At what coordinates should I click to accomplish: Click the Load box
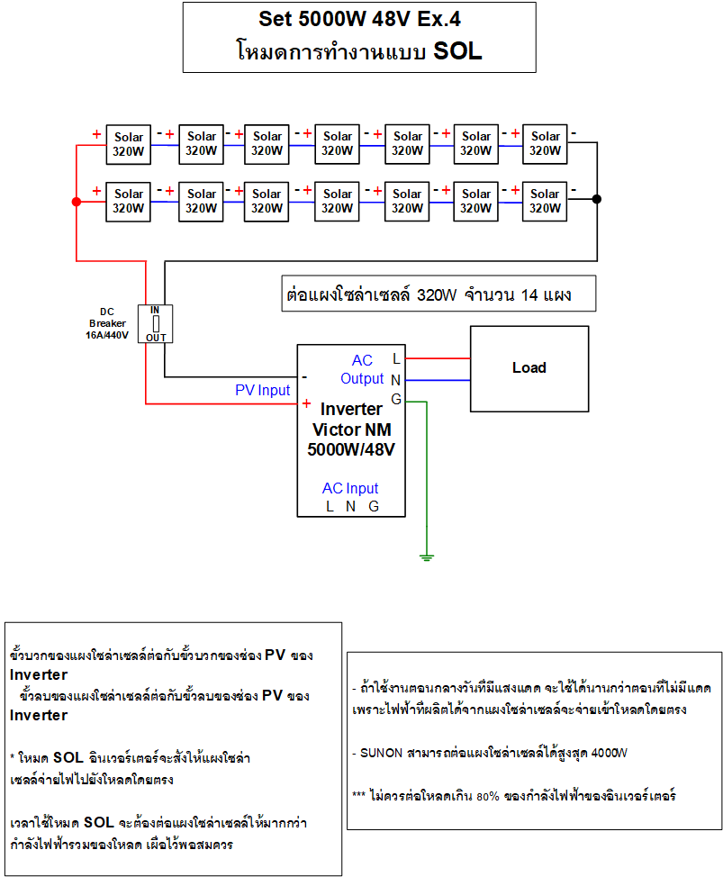pyautogui.click(x=529, y=368)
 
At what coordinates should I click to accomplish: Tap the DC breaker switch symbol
pyautogui.click(x=156, y=324)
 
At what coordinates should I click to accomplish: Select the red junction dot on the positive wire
pyautogui.click(x=77, y=202)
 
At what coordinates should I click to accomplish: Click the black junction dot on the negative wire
pyautogui.click(x=597, y=199)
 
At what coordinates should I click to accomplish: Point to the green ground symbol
pyautogui.click(x=427, y=556)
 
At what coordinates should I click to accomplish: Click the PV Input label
pyautogui.click(x=262, y=390)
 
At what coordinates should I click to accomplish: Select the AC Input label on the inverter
pyautogui.click(x=350, y=488)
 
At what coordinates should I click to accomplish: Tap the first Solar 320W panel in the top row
pyautogui.click(x=129, y=144)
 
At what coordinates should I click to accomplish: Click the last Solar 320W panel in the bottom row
pyautogui.click(x=545, y=202)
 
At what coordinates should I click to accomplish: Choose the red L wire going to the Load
pyautogui.click(x=438, y=358)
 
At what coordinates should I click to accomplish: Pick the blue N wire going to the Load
pyautogui.click(x=438, y=380)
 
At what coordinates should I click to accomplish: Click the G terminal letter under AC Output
pyautogui.click(x=396, y=399)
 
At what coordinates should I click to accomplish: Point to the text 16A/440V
pyautogui.click(x=107, y=335)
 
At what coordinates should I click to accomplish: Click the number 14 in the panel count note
pyautogui.click(x=529, y=294)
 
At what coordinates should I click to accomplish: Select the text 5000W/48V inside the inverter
pyautogui.click(x=351, y=449)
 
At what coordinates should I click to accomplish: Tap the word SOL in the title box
pyautogui.click(x=457, y=51)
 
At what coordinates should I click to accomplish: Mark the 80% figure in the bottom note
pyautogui.click(x=488, y=796)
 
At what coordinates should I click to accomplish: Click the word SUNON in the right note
pyautogui.click(x=382, y=753)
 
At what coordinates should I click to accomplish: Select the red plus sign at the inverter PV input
pyautogui.click(x=306, y=403)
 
